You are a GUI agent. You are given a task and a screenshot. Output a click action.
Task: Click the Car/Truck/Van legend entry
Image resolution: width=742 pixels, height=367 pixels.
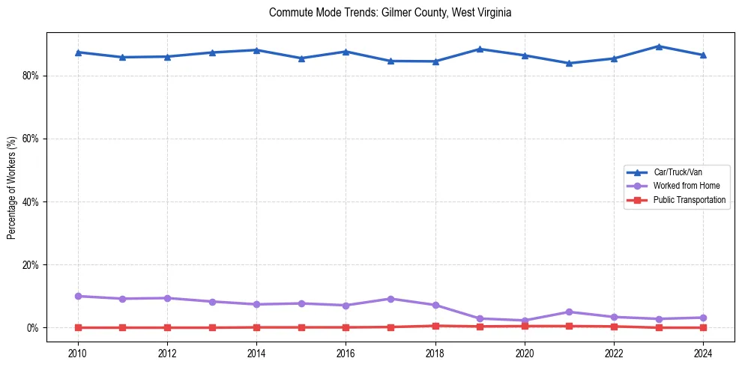(678, 172)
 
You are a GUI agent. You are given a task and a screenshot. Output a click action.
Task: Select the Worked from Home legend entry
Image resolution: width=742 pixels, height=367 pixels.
(682, 186)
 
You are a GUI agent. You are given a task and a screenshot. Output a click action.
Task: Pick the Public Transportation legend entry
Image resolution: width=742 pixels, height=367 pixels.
(689, 200)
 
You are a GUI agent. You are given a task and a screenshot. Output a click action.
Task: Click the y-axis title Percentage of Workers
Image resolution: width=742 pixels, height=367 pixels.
(12, 187)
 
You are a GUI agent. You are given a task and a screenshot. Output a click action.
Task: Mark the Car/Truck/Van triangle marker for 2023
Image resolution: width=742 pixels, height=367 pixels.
(658, 46)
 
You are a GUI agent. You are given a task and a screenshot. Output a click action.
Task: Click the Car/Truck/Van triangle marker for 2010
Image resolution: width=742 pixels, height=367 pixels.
(78, 52)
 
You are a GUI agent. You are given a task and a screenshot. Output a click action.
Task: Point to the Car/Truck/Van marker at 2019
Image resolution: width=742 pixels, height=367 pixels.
(480, 49)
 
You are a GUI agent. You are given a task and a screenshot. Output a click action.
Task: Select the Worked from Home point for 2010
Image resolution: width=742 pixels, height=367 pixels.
(78, 296)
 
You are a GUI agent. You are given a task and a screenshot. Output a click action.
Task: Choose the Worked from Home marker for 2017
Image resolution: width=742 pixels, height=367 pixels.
(390, 299)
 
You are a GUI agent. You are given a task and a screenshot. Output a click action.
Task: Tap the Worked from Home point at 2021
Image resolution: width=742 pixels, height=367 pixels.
(569, 312)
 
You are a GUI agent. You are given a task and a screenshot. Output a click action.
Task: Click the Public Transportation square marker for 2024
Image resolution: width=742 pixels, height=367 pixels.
(703, 327)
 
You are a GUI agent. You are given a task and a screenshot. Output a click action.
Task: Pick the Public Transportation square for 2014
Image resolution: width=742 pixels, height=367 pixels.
(256, 327)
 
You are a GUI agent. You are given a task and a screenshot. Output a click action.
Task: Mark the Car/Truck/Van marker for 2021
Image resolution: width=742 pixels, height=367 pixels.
(569, 63)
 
